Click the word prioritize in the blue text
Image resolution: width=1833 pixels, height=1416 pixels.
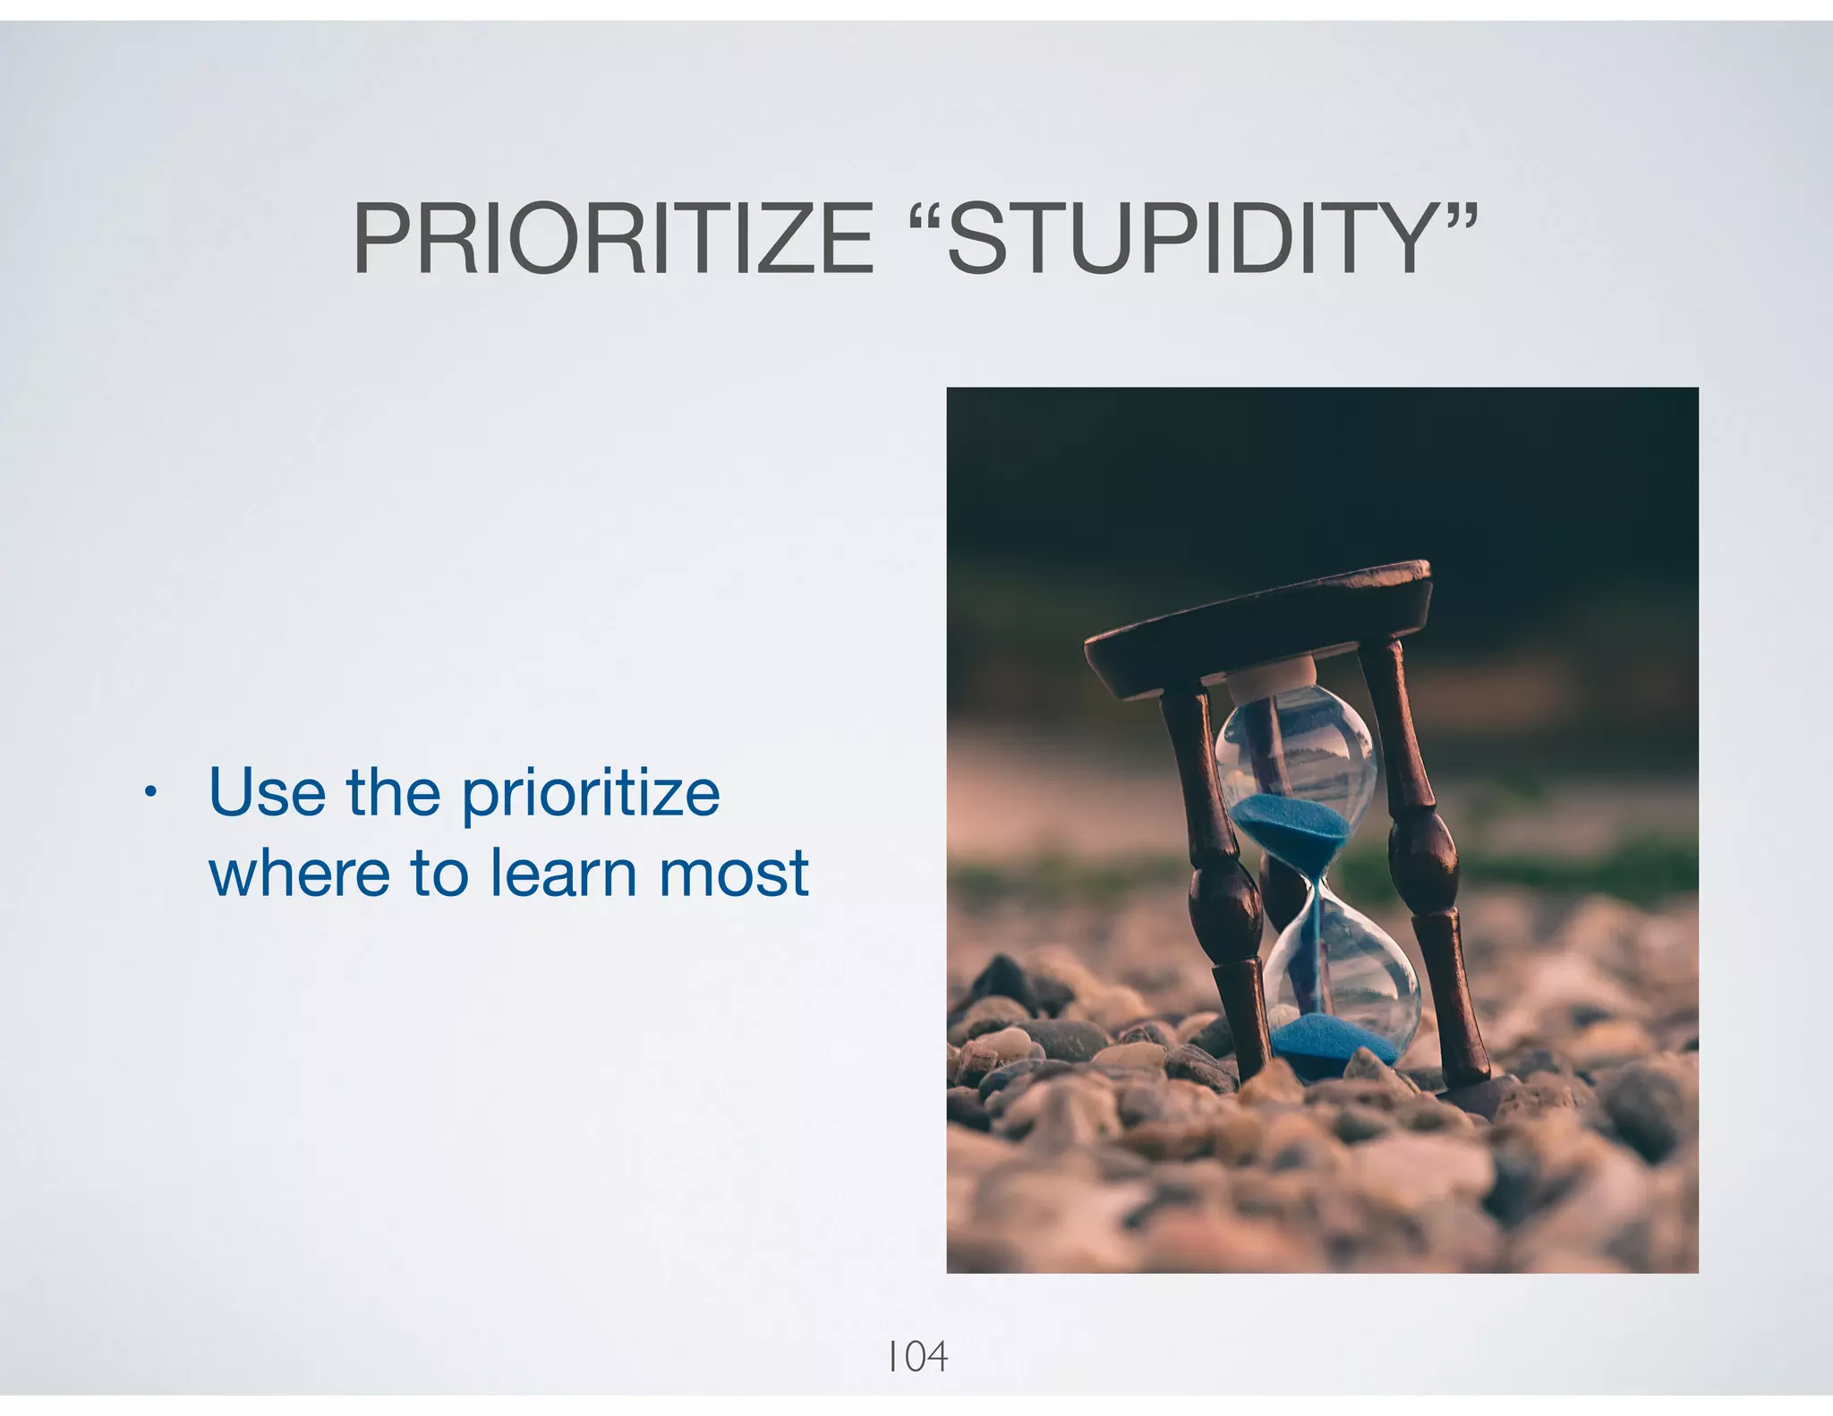pyautogui.click(x=591, y=795)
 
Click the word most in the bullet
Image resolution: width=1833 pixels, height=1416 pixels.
pyautogui.click(x=734, y=874)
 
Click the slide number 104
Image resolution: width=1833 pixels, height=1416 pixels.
pyautogui.click(x=916, y=1357)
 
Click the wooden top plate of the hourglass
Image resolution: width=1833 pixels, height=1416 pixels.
pyautogui.click(x=1253, y=627)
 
